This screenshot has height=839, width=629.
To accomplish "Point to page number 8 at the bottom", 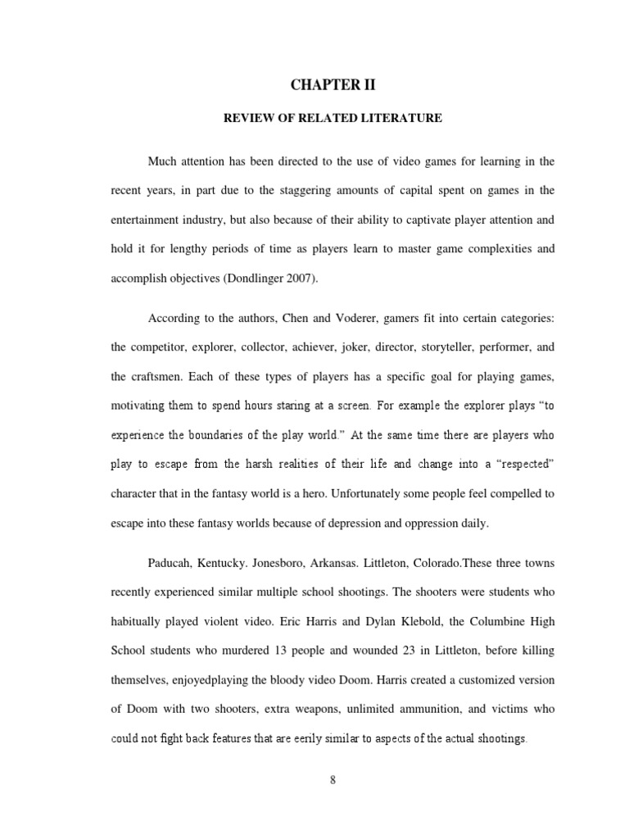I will [x=333, y=779].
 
